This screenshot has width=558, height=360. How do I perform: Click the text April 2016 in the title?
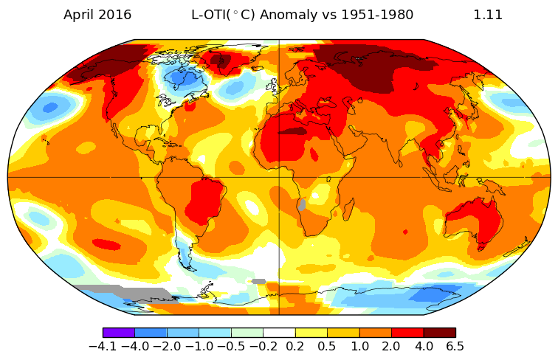pos(97,15)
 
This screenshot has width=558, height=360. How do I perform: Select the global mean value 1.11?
pos(488,15)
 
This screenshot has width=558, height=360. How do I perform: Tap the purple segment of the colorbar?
pos(118,333)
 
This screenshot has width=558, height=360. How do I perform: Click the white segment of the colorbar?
pos(279,333)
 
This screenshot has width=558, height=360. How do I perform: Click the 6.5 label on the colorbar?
pos(455,347)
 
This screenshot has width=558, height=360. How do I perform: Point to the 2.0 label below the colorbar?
pos(391,347)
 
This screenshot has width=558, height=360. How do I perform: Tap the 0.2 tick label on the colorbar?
pos(295,347)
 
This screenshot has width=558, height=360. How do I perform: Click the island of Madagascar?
pos(345,212)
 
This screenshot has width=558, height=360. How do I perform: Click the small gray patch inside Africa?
pos(301,205)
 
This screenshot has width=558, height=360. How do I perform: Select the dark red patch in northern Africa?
pos(292,131)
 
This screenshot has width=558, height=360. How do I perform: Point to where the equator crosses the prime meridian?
pos(279,177)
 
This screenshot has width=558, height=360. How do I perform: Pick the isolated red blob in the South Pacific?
pos(106,244)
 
